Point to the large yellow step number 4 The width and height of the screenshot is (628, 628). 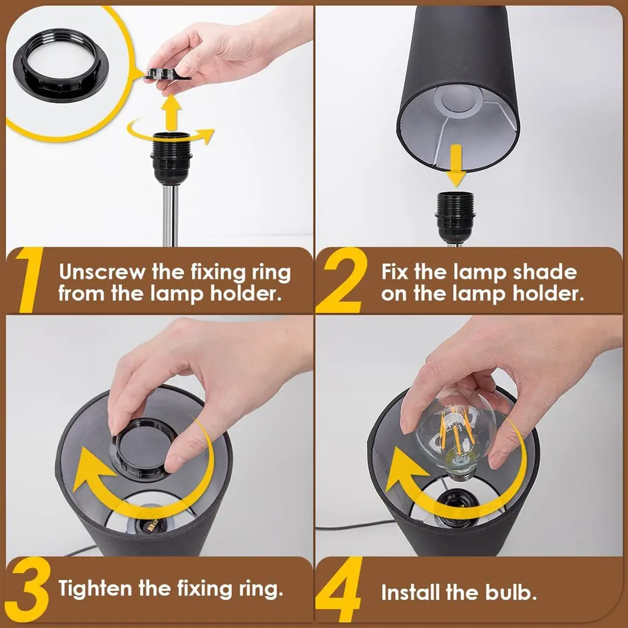point(339,589)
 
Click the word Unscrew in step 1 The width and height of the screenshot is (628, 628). point(102,272)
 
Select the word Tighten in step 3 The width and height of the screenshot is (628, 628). point(95,589)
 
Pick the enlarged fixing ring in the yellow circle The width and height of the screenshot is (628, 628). point(61,65)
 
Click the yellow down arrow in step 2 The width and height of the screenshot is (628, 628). point(456,166)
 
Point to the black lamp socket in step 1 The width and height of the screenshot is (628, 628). point(172,158)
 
